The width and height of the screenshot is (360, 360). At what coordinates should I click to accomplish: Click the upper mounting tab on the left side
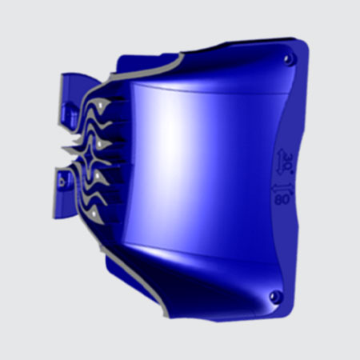coord(72,91)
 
